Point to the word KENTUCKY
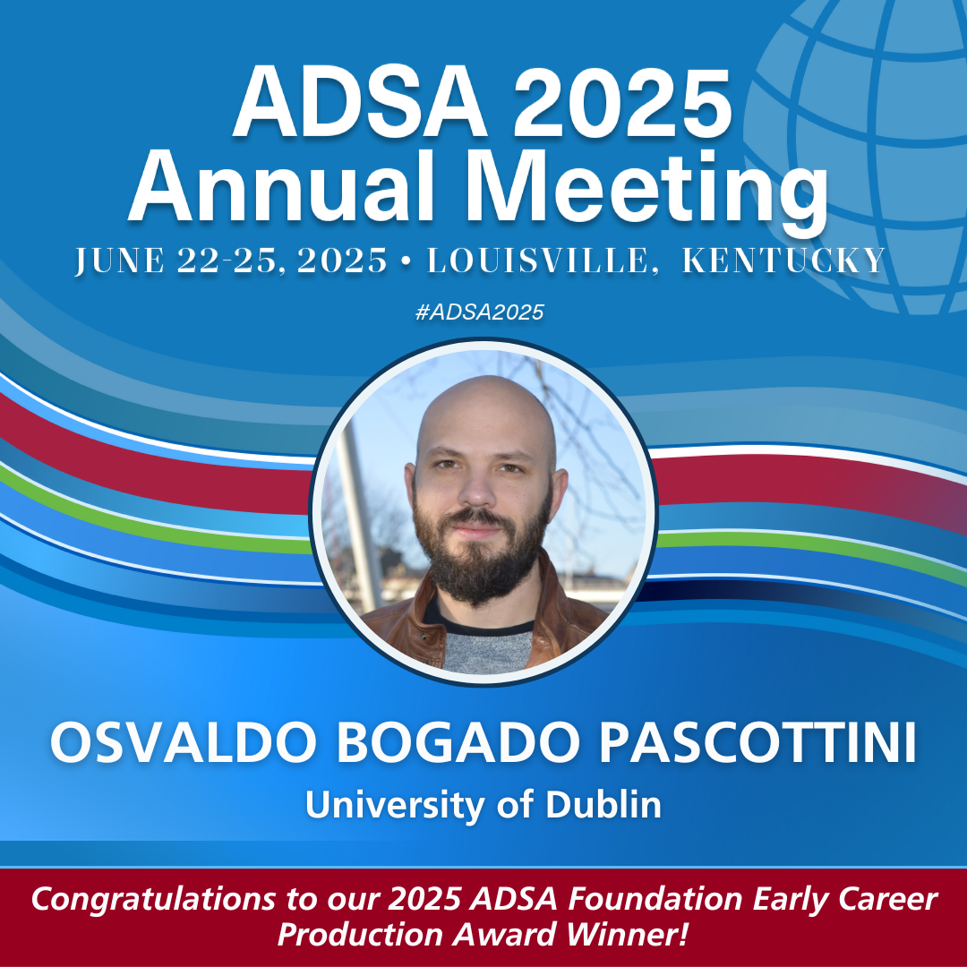point(783,261)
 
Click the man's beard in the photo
point(483,560)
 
